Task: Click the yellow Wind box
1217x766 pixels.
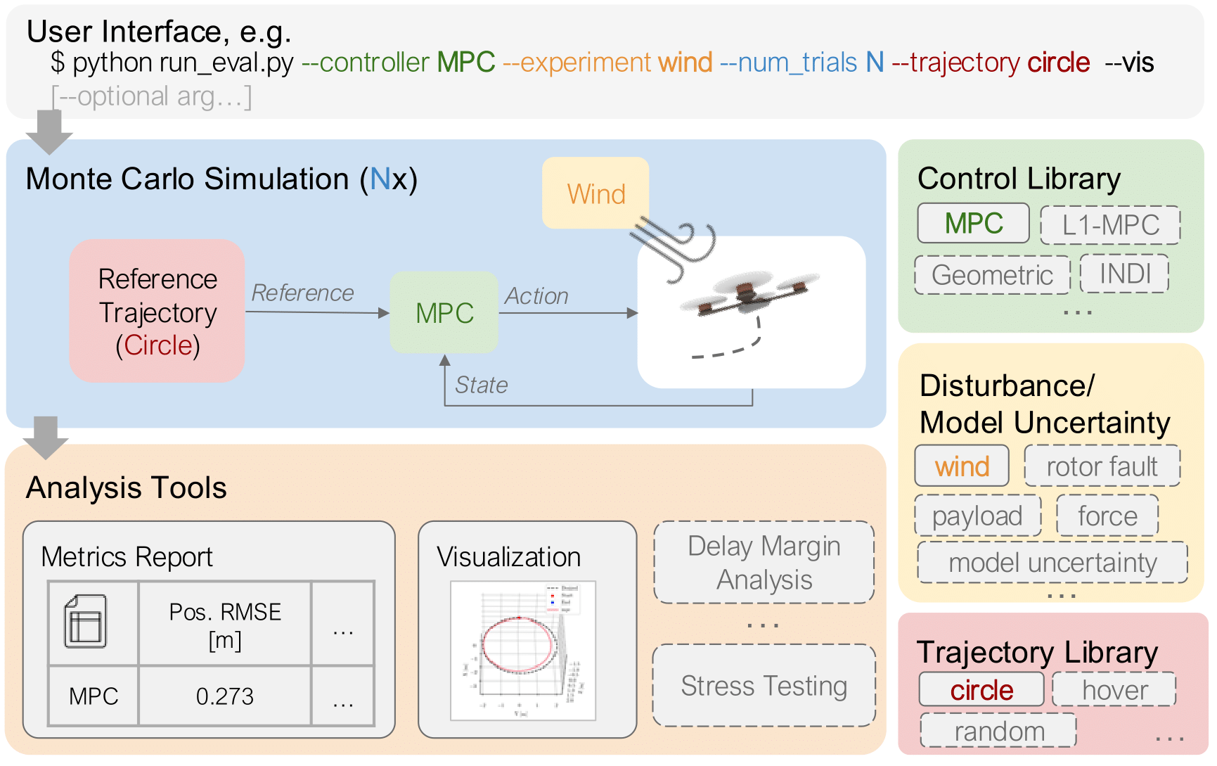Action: (595, 193)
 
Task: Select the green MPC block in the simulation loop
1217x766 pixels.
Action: (444, 313)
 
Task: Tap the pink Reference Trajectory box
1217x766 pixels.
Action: (157, 312)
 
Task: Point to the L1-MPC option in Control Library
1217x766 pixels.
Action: (1109, 225)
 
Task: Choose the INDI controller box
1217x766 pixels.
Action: (1124, 274)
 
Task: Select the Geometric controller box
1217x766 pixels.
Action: (991, 275)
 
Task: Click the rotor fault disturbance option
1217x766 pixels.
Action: (1101, 466)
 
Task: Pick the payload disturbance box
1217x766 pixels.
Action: (977, 516)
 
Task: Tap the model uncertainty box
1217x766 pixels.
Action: (1052, 563)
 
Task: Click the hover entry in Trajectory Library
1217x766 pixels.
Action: (1114, 690)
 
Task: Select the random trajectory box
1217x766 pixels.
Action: (998, 731)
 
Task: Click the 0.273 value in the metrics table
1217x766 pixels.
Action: (224, 696)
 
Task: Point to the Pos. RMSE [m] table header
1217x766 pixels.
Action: (224, 625)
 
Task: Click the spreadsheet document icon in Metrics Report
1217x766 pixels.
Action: (86, 622)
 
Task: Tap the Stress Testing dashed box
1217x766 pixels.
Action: (764, 686)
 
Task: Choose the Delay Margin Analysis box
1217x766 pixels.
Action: (764, 563)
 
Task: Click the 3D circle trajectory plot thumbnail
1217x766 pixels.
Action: (522, 651)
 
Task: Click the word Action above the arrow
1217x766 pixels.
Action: (536, 296)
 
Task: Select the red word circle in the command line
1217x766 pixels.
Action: (1058, 63)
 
